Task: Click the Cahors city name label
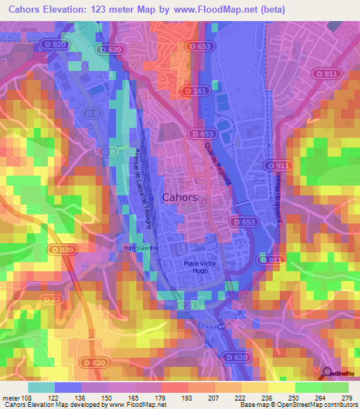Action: click(180, 197)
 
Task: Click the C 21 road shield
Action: click(185, 306)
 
